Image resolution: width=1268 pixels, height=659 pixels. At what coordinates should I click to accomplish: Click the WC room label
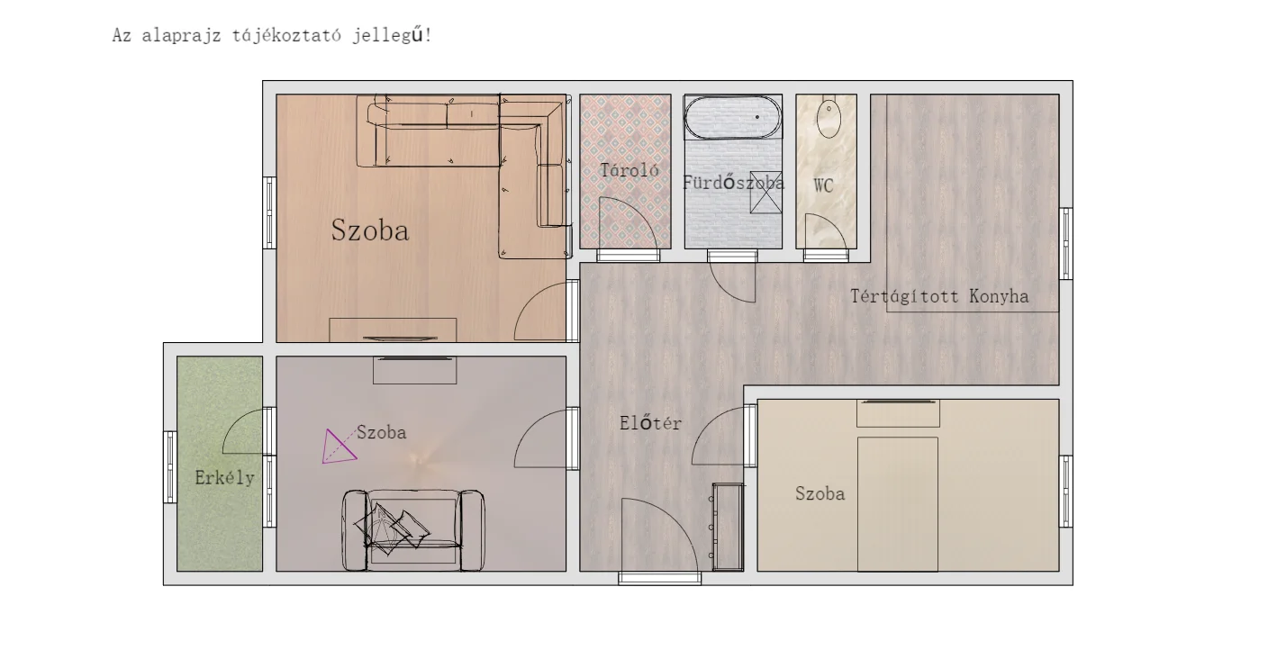click(x=823, y=185)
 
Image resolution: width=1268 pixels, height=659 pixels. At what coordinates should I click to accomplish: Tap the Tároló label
click(x=629, y=170)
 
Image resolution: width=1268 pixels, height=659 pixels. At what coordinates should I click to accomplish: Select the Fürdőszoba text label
click(x=733, y=182)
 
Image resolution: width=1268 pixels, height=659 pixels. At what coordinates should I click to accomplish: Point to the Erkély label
click(x=224, y=478)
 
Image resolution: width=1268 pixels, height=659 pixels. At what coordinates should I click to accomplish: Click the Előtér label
click(x=650, y=423)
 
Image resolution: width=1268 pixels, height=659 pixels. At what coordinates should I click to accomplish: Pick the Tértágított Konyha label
click(x=939, y=296)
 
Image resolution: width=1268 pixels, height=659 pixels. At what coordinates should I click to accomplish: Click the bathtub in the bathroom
click(x=732, y=117)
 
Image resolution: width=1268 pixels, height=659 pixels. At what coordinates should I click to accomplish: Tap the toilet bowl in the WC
click(x=829, y=117)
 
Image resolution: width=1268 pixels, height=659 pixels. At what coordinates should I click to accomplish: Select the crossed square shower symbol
click(x=765, y=193)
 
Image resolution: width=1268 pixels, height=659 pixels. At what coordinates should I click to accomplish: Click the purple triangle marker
click(x=338, y=448)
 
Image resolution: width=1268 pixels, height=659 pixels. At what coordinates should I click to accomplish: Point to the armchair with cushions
click(x=413, y=530)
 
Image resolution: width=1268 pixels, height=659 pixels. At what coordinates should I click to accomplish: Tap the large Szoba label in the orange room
click(x=369, y=230)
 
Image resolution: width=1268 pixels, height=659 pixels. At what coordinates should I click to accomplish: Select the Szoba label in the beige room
click(x=820, y=494)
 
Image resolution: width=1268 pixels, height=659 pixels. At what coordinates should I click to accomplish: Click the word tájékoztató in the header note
click(x=286, y=35)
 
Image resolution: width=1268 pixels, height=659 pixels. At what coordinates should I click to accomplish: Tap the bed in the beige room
click(x=898, y=503)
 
